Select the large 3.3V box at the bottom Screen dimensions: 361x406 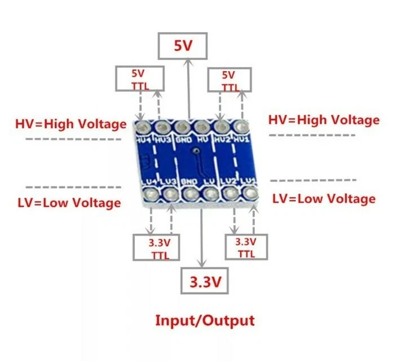point(205,281)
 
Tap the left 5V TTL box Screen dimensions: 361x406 point(140,79)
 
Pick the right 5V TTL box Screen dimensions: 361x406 point(229,80)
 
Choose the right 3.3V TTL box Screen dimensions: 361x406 point(246,247)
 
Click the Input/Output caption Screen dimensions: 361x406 point(205,321)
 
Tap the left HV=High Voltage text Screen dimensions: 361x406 point(70,124)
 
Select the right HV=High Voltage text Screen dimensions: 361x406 point(324,120)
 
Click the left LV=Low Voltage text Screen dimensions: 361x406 point(69,202)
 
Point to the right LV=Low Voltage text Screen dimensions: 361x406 point(324,198)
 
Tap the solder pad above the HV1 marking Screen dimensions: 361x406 point(241,125)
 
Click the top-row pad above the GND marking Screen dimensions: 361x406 point(182,127)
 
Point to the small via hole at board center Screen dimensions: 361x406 point(195,151)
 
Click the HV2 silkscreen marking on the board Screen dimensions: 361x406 point(222,138)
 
